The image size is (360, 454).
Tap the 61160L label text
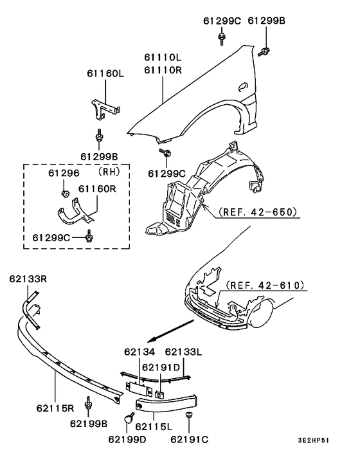pos(105,74)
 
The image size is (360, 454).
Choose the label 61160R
pos(97,189)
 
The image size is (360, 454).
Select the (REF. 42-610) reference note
pos(265,285)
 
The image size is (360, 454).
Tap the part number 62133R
pos(29,278)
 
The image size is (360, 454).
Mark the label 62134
pos(139,352)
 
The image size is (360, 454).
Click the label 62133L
pos(184,352)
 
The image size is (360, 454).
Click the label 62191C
pos(190,440)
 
